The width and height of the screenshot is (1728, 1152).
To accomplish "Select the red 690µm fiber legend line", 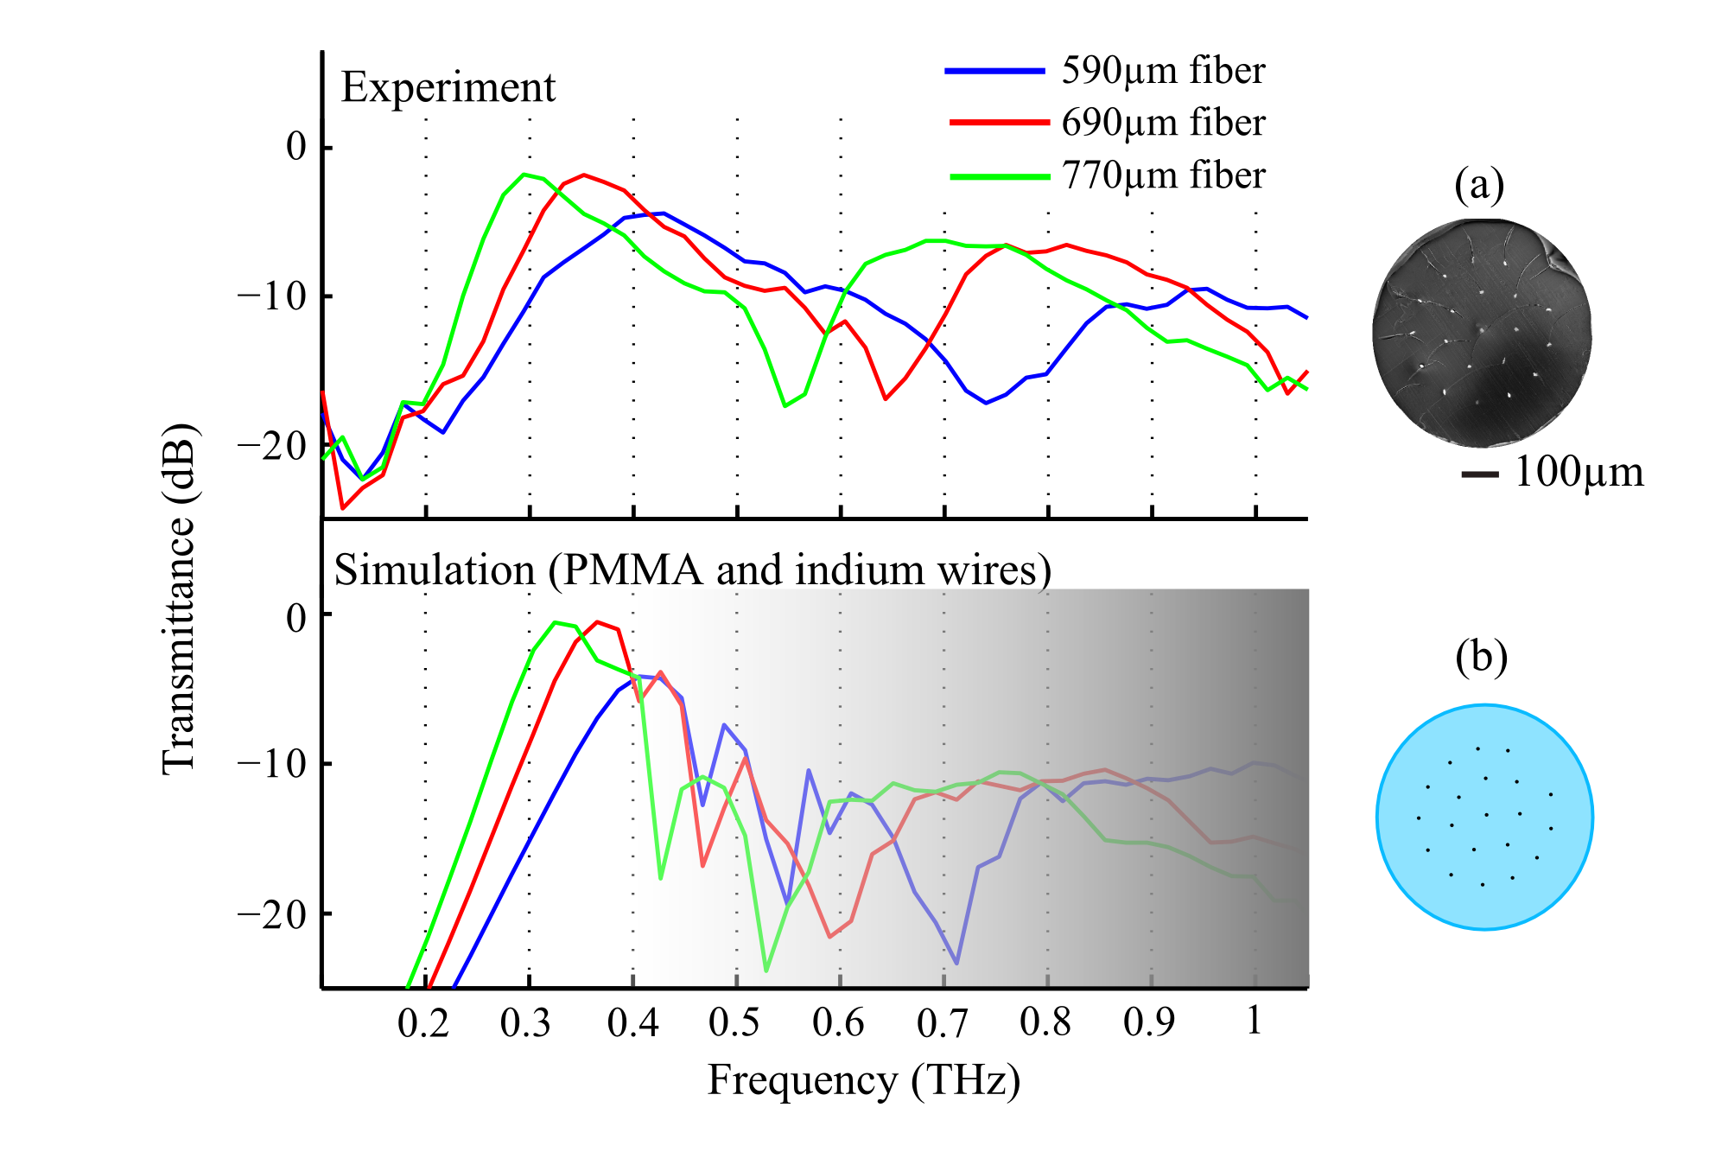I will [999, 123].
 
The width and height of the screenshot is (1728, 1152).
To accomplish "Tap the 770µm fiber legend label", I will [1162, 175].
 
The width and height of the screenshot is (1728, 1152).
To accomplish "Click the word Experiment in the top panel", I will [448, 87].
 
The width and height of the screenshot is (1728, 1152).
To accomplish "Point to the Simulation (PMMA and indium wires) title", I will [692, 570].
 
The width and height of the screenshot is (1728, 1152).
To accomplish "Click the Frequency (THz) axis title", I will [863, 1080].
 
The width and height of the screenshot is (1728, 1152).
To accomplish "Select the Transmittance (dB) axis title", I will [180, 598].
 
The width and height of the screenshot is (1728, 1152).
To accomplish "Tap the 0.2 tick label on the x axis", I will [423, 1023].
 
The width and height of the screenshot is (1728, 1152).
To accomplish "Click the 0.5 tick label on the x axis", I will [734, 1023].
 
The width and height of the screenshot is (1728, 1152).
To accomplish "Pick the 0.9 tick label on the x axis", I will [1149, 1023].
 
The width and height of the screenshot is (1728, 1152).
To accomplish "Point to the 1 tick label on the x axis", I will [1255, 1022].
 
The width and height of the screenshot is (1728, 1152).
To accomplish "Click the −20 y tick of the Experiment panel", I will [272, 446].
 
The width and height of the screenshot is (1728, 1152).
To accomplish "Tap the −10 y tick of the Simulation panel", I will [272, 764].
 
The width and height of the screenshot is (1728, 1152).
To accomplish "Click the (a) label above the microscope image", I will [1479, 184].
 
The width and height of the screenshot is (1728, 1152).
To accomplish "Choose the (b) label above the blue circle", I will [1481, 657].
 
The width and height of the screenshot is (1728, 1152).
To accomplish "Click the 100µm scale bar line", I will [1480, 474].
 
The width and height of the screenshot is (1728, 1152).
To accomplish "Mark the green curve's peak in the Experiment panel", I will [524, 175].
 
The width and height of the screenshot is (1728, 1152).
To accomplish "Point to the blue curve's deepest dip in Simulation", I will [956, 963].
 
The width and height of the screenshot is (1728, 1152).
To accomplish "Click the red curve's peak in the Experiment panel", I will [584, 175].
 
